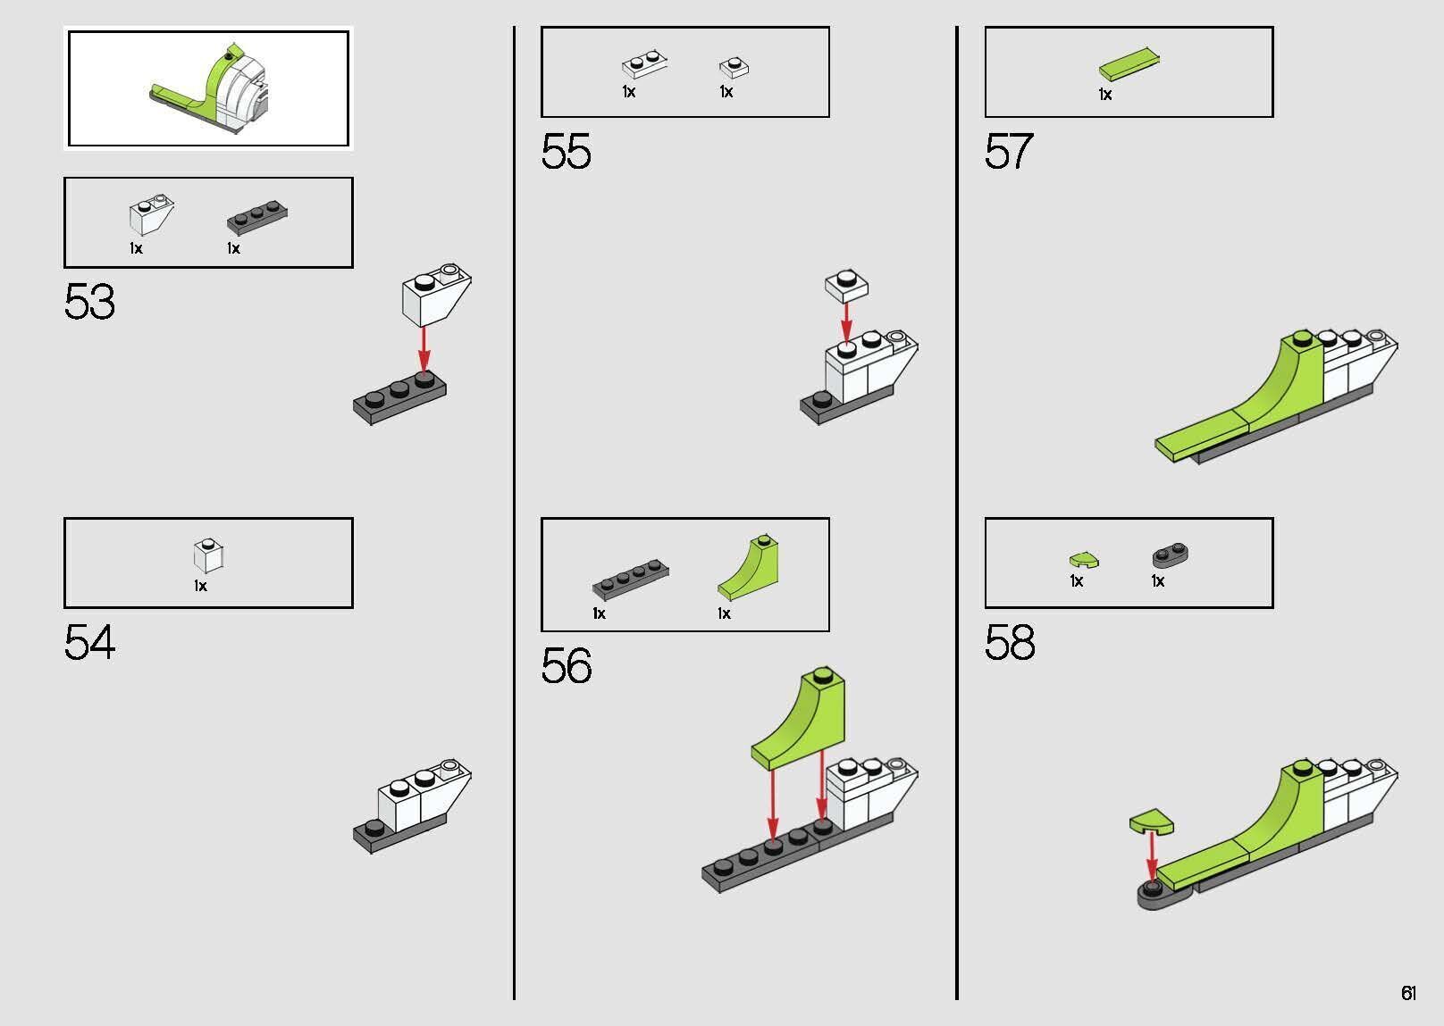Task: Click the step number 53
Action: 89,302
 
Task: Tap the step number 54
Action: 89,642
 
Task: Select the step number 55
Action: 566,152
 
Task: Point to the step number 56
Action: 566,665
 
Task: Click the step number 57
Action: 1009,152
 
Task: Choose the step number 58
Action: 1010,642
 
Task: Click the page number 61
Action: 1408,992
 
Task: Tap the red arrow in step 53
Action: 424,350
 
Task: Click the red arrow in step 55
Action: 846,322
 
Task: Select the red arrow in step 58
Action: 1151,857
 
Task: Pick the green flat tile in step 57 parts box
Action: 1129,63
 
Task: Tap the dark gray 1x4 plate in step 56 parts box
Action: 631,579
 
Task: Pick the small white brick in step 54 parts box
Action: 208,555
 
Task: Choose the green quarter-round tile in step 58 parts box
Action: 1084,560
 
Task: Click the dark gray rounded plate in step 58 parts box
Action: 1170,555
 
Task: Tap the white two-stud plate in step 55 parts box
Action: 644,63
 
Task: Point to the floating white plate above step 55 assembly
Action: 846,286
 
